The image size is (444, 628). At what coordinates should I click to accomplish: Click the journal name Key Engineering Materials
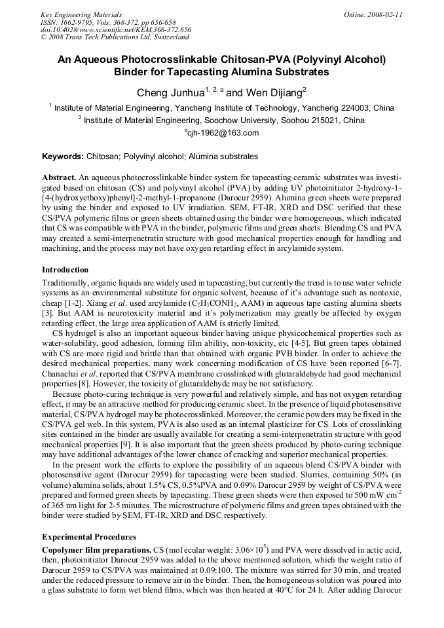pyautogui.click(x=81, y=14)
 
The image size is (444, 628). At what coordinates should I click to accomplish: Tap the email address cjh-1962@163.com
pyautogui.click(x=222, y=133)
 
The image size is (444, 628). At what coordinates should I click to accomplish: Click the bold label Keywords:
pyautogui.click(x=63, y=157)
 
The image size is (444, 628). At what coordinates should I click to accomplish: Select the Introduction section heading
pyautogui.click(x=65, y=270)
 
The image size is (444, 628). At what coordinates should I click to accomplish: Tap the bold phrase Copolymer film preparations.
pyautogui.click(x=96, y=547)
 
